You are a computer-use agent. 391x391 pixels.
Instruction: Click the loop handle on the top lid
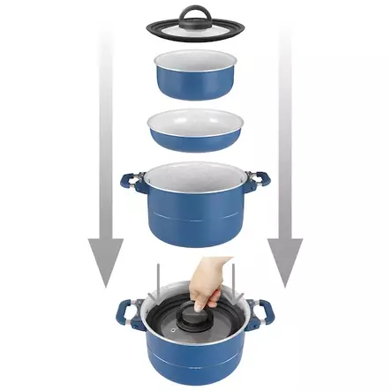194,14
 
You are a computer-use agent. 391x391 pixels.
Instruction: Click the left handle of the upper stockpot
130,183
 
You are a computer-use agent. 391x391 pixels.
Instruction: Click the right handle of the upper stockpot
261,183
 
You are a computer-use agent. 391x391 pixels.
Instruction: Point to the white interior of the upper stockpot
196,176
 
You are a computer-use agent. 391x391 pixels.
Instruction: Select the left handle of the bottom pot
126,313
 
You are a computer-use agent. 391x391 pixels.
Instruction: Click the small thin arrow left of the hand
160,280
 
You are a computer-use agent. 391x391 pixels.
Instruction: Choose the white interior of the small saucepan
195,63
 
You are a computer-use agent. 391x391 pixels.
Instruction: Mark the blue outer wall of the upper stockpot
195,221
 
